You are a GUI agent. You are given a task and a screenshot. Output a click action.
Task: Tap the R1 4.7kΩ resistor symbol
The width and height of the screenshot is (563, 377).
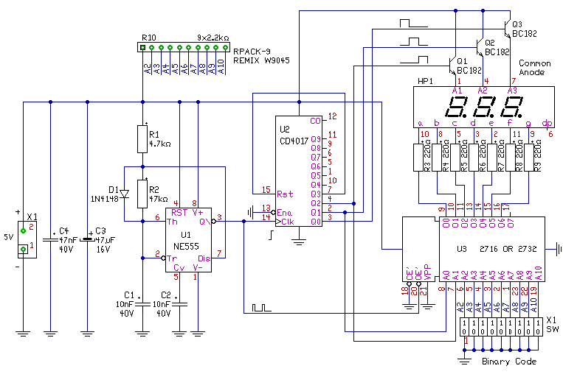point(143,138)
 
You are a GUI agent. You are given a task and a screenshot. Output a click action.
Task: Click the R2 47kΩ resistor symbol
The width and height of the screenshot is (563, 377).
point(143,193)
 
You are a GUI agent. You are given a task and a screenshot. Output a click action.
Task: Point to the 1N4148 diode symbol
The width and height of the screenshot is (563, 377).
point(125,194)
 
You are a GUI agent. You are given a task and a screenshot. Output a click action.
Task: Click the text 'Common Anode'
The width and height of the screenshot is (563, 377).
point(536,68)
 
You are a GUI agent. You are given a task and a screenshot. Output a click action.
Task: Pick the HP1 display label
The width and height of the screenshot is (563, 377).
point(425,80)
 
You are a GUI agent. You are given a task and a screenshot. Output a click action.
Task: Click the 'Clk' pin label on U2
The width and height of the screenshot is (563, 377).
point(285,221)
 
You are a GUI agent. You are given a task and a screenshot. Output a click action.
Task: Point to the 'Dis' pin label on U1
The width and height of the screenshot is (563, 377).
point(203,258)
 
